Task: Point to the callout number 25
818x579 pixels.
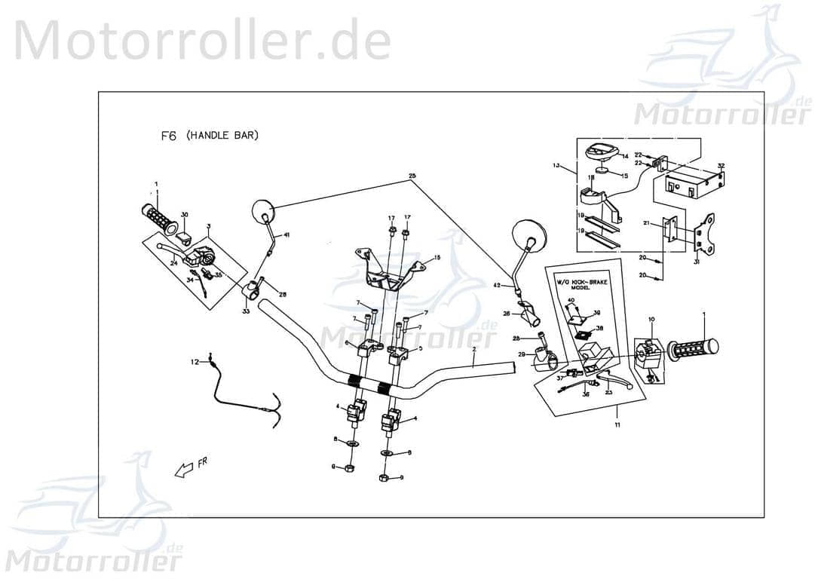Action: (412, 176)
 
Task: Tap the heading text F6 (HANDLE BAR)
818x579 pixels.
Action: (210, 136)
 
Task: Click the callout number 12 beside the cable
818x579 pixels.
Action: (195, 362)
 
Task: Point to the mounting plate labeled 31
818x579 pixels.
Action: (708, 234)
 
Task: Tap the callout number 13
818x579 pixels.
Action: (556, 164)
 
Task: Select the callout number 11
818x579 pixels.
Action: (617, 425)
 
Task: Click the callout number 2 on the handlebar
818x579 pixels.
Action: (473, 351)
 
